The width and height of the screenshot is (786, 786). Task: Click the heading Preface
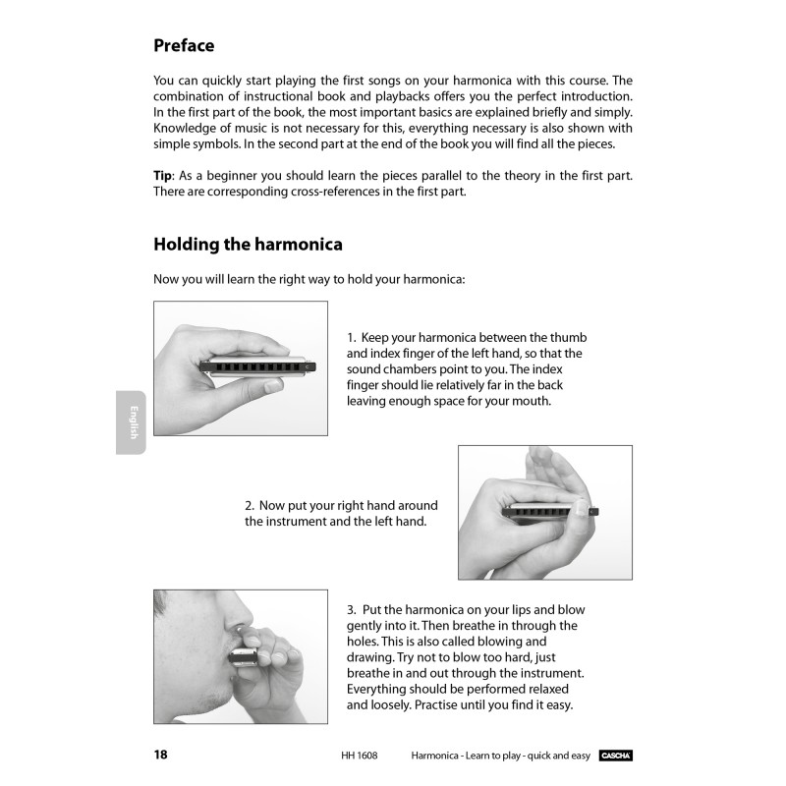(184, 45)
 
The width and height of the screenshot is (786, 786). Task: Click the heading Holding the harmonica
(248, 244)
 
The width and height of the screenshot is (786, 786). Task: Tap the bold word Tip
(163, 175)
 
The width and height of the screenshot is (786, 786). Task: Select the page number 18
(161, 755)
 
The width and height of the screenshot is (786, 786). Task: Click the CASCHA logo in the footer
(615, 755)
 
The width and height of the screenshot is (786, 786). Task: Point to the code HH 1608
(359, 755)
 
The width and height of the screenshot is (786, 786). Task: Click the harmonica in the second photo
(545, 512)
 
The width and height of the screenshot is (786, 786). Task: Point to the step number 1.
(351, 338)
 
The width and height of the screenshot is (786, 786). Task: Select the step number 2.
(249, 505)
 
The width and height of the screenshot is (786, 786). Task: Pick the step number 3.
(351, 610)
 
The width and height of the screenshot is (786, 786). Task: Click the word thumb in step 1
(572, 338)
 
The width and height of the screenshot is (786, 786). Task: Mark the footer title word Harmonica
(440, 755)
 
